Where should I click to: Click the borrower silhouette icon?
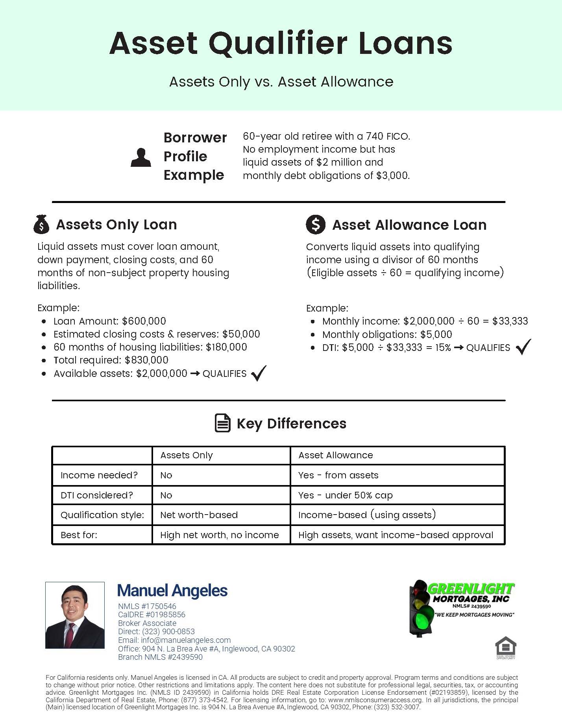tap(141, 158)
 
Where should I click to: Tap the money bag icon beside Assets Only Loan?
tap(41, 224)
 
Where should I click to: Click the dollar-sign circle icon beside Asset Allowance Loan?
tap(316, 225)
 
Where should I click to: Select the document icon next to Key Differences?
tap(223, 423)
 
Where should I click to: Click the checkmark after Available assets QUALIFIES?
tap(259, 373)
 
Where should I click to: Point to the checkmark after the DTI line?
tap(523, 347)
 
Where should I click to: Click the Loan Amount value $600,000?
tap(144, 321)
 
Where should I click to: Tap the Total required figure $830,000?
tap(146, 360)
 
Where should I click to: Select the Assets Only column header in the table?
tap(187, 455)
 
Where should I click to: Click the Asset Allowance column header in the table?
tap(335, 455)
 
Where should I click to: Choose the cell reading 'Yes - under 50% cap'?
tap(345, 495)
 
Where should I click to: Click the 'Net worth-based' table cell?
tap(199, 515)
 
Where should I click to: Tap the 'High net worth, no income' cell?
tap(219, 535)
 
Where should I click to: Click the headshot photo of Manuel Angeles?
tap(75, 615)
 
